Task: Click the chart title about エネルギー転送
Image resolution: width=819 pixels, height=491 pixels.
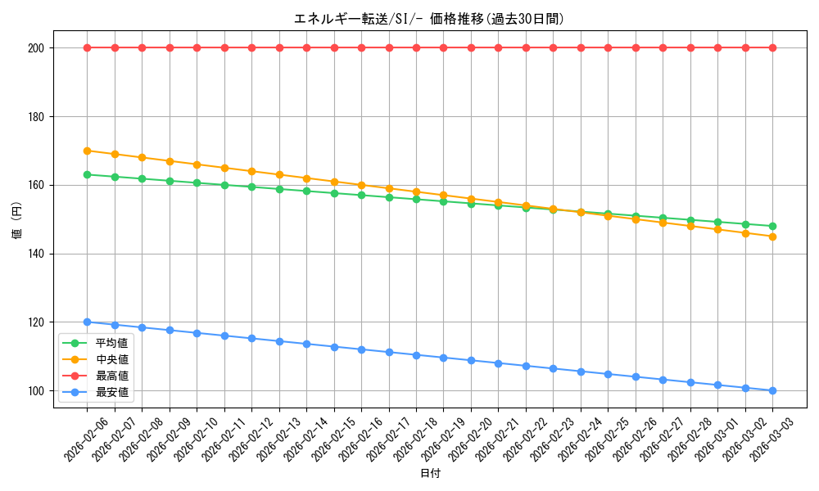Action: coord(429,19)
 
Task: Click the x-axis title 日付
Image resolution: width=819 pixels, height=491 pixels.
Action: coord(430,474)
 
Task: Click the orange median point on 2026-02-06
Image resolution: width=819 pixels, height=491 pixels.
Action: coord(87,151)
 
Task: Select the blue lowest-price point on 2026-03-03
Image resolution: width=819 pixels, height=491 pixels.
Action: coord(772,390)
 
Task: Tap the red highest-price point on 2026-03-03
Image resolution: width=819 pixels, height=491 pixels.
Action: coord(772,47)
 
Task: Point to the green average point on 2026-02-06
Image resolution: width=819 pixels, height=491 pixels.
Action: coord(87,174)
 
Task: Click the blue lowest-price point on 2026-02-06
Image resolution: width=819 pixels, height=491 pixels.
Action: coord(87,322)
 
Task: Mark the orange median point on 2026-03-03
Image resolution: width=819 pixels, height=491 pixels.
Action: coord(772,236)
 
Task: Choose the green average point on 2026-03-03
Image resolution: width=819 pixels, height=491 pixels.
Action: coord(772,226)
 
